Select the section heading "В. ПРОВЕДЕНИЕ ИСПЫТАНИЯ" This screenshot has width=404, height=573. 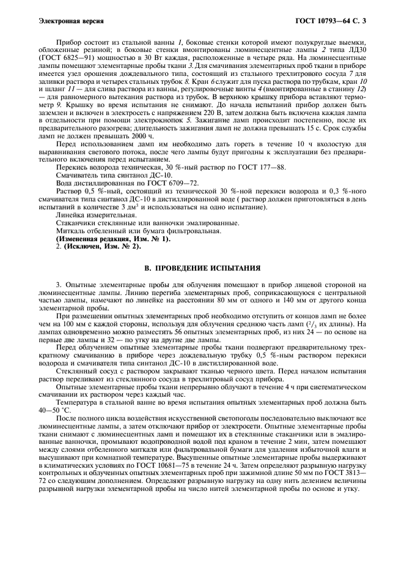202,268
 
